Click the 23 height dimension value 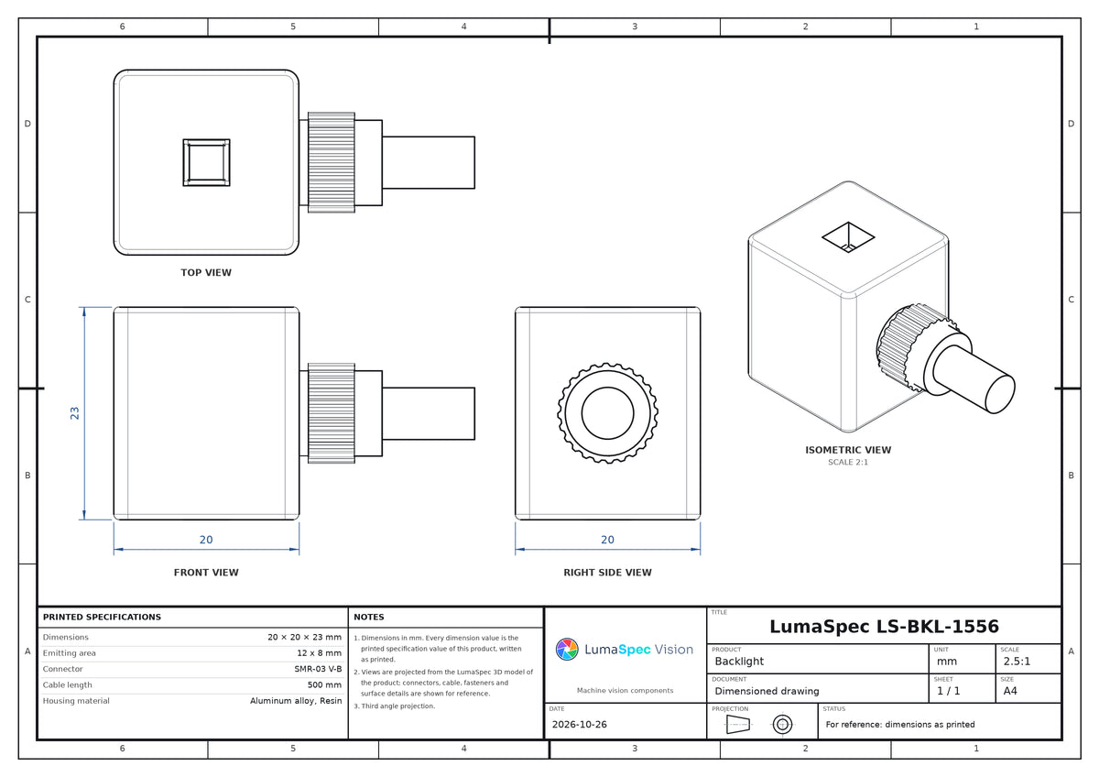(74, 413)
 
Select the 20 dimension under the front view (206, 540)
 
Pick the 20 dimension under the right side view (607, 540)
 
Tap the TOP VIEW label (206, 272)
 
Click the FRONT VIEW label (206, 573)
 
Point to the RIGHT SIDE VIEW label (607, 573)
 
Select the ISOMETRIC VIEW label (848, 450)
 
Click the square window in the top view (207, 162)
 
